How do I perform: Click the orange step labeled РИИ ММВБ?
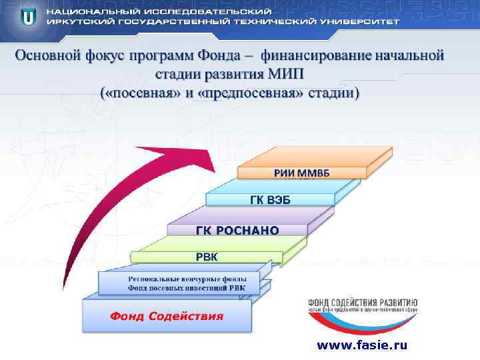click(301, 173)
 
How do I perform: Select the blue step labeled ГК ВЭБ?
click(270, 200)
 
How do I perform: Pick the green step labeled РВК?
click(206, 256)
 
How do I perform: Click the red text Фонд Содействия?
click(167, 315)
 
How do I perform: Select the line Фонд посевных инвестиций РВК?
click(186, 287)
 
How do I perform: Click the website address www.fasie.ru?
click(361, 345)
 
